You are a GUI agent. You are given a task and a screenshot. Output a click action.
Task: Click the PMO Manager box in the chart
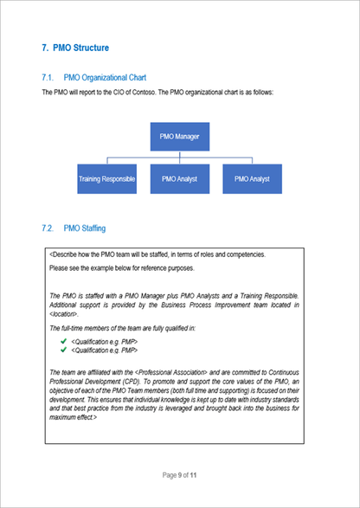(179, 137)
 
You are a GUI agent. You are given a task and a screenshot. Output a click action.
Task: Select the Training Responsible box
(106, 178)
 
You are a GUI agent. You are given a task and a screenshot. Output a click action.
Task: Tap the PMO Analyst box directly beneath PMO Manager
(179, 178)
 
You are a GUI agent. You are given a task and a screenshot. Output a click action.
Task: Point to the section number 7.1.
(48, 77)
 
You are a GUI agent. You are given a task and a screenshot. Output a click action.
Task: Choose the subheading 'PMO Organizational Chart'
(111, 77)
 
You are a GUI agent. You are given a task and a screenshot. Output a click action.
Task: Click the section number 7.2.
(48, 228)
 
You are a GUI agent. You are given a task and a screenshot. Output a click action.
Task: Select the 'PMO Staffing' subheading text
(85, 228)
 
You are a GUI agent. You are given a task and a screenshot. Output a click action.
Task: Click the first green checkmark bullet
(63, 342)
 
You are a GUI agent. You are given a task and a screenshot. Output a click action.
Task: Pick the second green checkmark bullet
(63, 350)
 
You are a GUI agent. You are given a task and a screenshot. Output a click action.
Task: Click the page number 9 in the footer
(179, 475)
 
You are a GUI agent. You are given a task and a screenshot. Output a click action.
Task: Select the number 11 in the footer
(195, 475)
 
